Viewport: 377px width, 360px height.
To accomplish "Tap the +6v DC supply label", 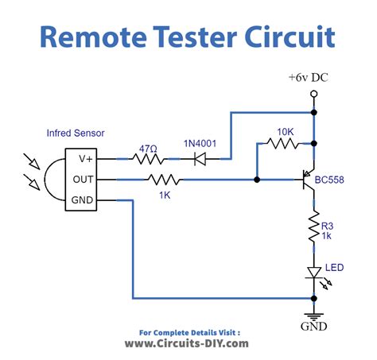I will pyautogui.click(x=314, y=78).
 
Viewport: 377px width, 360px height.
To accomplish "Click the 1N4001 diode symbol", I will pyautogui.click(x=200, y=158).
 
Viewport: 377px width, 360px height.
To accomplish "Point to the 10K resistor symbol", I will pyautogui.click(x=284, y=144).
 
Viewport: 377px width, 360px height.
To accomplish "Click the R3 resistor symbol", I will pyautogui.click(x=315, y=228).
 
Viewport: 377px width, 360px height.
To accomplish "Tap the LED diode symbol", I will pyautogui.click(x=315, y=273).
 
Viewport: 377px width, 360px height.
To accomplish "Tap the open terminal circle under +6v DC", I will pyautogui.click(x=315, y=94).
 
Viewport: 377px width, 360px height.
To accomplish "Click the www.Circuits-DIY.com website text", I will pyautogui.click(x=188, y=343).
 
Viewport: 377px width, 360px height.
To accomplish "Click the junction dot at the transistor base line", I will pyautogui.click(x=256, y=180).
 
